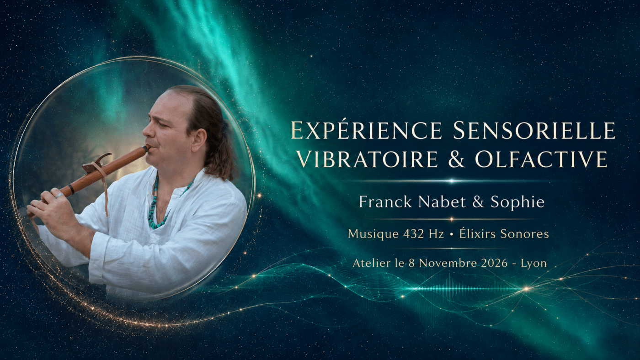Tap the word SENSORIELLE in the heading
[534, 131]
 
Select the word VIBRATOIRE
[368, 159]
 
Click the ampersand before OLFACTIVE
[457, 159]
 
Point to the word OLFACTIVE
[541, 159]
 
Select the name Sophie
[517, 202]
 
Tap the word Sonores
[525, 234]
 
